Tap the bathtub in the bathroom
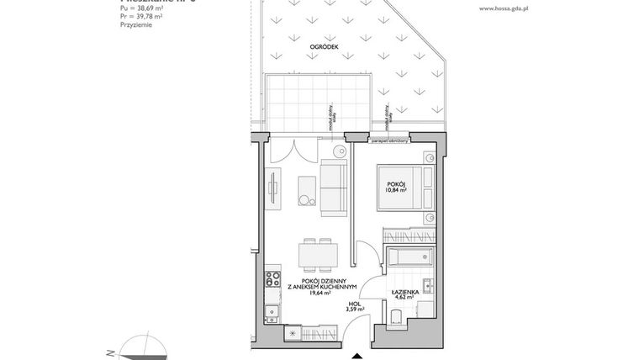pyautogui.click(x=409, y=258)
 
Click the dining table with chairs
pyautogui.click(x=313, y=252)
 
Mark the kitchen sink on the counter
pyautogui.click(x=271, y=314)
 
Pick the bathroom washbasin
pyautogui.click(x=427, y=290)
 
